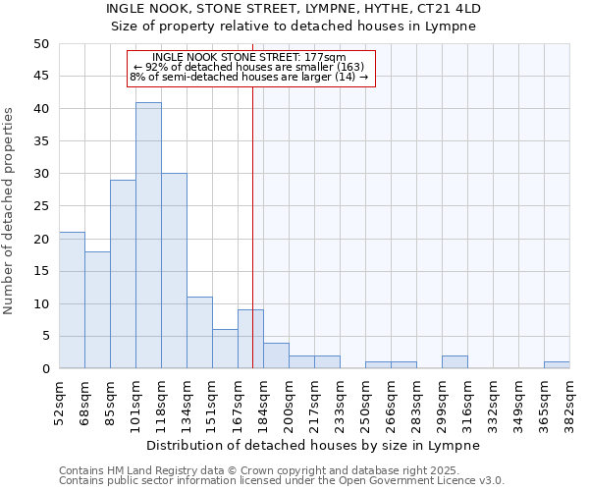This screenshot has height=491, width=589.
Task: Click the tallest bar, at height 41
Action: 148,236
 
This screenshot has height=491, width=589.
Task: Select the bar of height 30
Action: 174,271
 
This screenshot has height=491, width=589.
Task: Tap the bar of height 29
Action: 123,274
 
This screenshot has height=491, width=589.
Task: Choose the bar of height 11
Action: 199,333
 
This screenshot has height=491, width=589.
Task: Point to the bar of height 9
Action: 250,339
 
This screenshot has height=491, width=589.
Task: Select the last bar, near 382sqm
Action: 557,365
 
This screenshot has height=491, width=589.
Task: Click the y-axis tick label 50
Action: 41,44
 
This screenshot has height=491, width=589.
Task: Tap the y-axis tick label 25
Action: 41,206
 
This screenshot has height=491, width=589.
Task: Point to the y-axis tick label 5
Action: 45,336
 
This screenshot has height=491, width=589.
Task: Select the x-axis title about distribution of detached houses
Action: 314,445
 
